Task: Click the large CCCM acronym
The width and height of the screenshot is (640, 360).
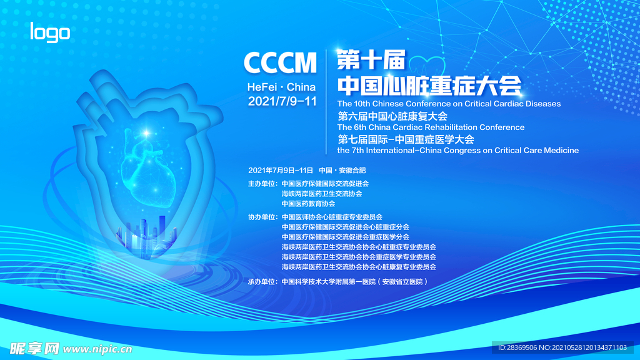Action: pyautogui.click(x=280, y=63)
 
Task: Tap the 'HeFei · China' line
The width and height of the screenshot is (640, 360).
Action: pyautogui.click(x=281, y=87)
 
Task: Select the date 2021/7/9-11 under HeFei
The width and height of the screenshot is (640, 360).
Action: pyautogui.click(x=282, y=101)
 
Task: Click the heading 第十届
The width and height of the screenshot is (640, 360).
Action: pyautogui.click(x=371, y=61)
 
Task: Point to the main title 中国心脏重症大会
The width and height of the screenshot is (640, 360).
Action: pyautogui.click(x=429, y=85)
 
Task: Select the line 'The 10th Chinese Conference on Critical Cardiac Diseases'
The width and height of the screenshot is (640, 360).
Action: pyautogui.click(x=449, y=103)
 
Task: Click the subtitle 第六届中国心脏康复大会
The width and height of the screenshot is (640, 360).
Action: pyautogui.click(x=392, y=116)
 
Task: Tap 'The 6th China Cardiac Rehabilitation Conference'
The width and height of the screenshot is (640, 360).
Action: pyautogui.click(x=431, y=127)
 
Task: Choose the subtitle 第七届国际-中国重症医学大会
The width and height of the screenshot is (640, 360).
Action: pyautogui.click(x=406, y=139)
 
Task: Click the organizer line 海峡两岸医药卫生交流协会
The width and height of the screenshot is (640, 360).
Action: pyautogui.click(x=322, y=194)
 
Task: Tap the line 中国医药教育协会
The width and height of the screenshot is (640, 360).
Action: pyautogui.click(x=308, y=204)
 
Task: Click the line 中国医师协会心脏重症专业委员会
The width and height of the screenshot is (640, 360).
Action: pyautogui.click(x=332, y=217)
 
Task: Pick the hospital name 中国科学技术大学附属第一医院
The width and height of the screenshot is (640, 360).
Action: pyautogui.click(x=328, y=282)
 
